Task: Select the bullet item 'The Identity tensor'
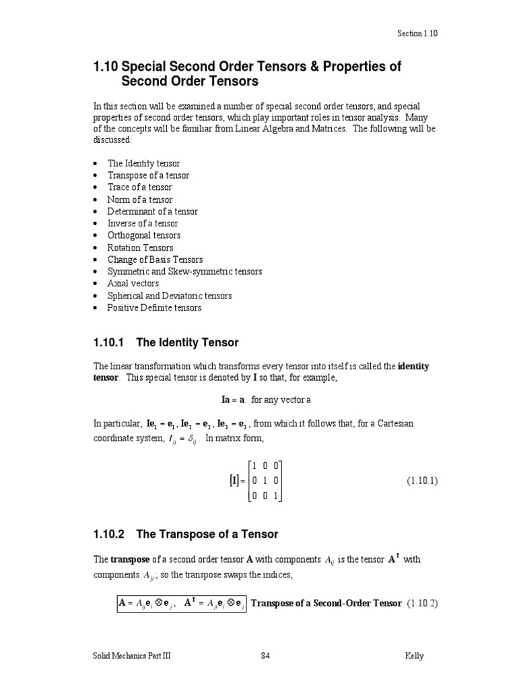[x=143, y=163]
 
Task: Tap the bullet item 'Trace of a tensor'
[x=139, y=187]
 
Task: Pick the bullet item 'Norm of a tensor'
[x=139, y=199]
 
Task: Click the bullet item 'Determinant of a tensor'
[x=152, y=212]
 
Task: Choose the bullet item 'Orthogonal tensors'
[x=143, y=236]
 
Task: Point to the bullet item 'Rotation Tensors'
[x=140, y=248]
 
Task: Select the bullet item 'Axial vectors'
[x=133, y=284]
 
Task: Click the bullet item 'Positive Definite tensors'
[x=154, y=308]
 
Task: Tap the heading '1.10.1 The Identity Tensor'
[x=166, y=343]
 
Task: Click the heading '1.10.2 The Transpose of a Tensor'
[x=185, y=534]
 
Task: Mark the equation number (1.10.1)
[x=421, y=480]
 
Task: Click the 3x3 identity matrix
[x=265, y=480]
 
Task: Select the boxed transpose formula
[x=180, y=603]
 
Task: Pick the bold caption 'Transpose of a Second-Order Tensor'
[x=326, y=602]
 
